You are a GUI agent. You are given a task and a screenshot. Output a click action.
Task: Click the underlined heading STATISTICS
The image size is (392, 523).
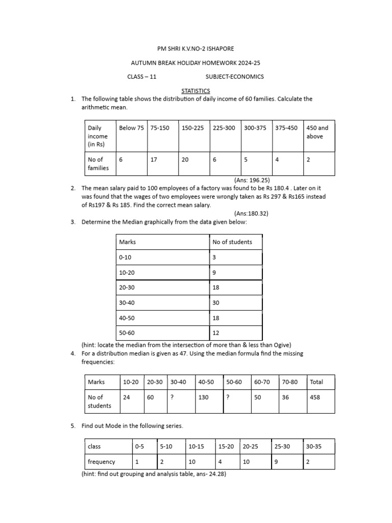[195, 90]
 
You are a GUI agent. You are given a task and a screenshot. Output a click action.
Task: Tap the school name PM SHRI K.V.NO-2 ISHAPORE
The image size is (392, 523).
[195, 49]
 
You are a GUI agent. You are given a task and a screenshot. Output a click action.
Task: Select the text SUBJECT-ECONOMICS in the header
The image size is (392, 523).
[234, 77]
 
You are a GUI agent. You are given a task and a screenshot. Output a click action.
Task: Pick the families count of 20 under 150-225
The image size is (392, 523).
[185, 160]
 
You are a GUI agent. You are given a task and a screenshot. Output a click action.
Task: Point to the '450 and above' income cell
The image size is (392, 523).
[317, 132]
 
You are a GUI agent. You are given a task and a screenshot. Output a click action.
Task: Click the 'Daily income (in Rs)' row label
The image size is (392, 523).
[98, 136]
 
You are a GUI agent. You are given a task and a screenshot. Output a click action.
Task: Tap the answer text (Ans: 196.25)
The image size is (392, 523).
[252, 180]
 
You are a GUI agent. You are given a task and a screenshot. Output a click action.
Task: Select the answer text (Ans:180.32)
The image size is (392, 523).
[251, 213]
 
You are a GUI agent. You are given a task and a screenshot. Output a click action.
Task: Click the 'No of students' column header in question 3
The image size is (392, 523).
[232, 242]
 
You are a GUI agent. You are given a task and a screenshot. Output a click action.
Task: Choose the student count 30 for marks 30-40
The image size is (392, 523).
[216, 303]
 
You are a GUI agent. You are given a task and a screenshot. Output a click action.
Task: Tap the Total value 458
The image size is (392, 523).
[315, 397]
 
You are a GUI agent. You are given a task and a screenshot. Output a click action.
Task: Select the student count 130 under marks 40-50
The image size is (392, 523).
[203, 397]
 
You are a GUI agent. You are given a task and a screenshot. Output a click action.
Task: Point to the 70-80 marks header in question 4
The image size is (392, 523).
[289, 382]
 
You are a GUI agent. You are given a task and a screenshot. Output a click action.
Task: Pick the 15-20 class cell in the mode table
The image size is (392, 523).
[226, 446]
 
